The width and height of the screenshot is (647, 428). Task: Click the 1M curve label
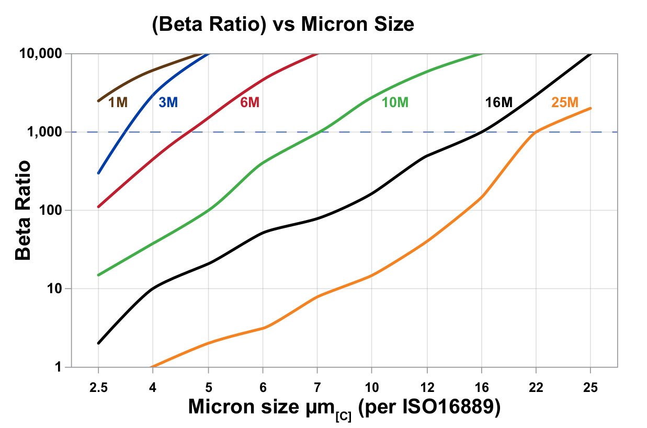tap(118, 102)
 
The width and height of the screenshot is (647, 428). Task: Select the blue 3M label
tap(168, 102)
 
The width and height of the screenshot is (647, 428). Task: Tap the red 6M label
tap(249, 102)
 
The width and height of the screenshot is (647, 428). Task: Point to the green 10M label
tap(395, 102)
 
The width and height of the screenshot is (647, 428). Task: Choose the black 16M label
tap(498, 102)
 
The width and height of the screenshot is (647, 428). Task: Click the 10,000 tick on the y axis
tap(41, 53)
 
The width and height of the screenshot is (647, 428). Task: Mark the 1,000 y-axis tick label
tap(44, 132)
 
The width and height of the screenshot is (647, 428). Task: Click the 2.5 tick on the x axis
tap(98, 387)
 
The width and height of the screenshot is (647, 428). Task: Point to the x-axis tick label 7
tap(317, 387)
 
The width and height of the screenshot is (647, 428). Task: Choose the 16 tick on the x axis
tap(481, 387)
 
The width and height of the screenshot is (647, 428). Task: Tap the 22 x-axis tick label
tap(536, 387)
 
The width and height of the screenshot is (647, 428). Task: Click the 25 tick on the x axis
tap(591, 387)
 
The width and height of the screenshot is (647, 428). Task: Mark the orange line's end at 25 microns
tap(591, 108)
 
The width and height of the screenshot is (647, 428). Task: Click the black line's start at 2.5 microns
tap(98, 343)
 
